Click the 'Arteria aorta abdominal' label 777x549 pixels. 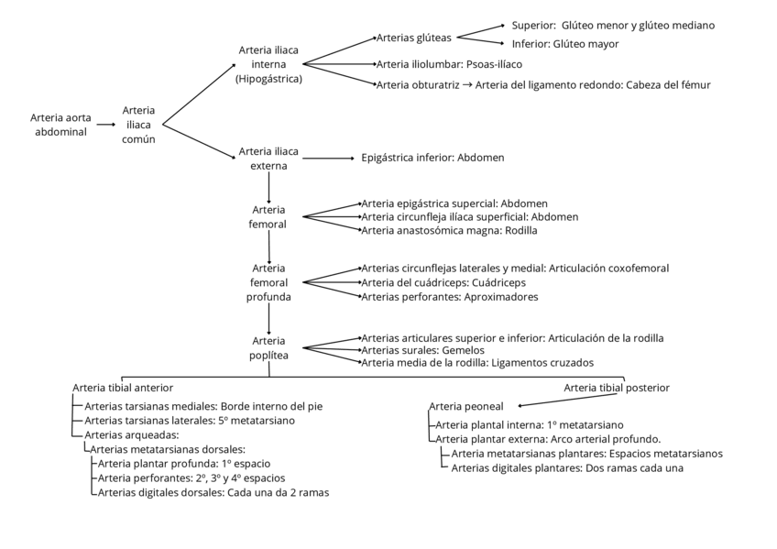[x=60, y=125]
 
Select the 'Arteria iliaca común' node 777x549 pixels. [x=139, y=125]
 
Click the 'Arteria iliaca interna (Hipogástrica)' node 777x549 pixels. [x=268, y=64]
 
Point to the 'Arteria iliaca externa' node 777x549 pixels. [x=268, y=158]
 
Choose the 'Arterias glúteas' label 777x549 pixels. [x=414, y=38]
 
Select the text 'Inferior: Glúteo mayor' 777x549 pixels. [x=565, y=44]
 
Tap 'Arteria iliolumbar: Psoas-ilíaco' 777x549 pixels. [x=449, y=64]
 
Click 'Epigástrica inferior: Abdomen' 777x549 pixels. [x=432, y=158]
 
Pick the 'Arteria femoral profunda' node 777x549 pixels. [x=268, y=282]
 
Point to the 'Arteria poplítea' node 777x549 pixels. [x=268, y=347]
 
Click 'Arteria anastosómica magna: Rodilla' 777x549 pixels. [x=450, y=231]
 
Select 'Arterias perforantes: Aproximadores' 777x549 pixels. [x=450, y=297]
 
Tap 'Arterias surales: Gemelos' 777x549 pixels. [x=422, y=350]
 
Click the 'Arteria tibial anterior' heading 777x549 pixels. [x=123, y=388]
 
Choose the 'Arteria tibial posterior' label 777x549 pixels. [x=616, y=388]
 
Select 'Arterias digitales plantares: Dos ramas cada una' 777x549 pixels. [x=567, y=468]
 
